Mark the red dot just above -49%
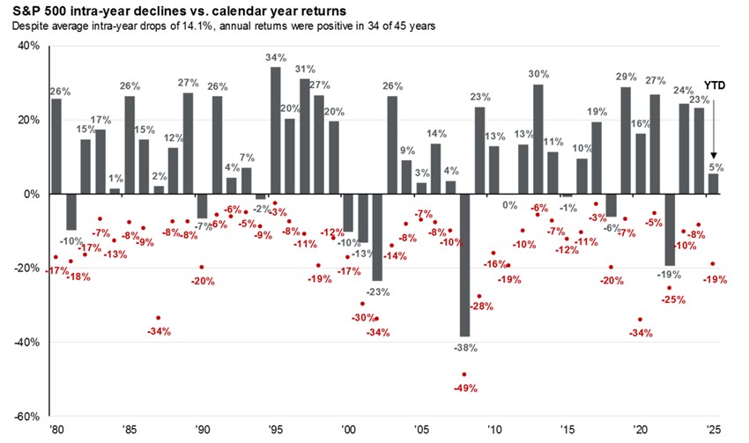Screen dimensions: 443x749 point(464,374)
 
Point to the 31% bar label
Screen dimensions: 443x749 point(304,70)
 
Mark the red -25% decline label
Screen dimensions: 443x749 point(674,299)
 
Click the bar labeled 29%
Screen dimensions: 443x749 point(626,141)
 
